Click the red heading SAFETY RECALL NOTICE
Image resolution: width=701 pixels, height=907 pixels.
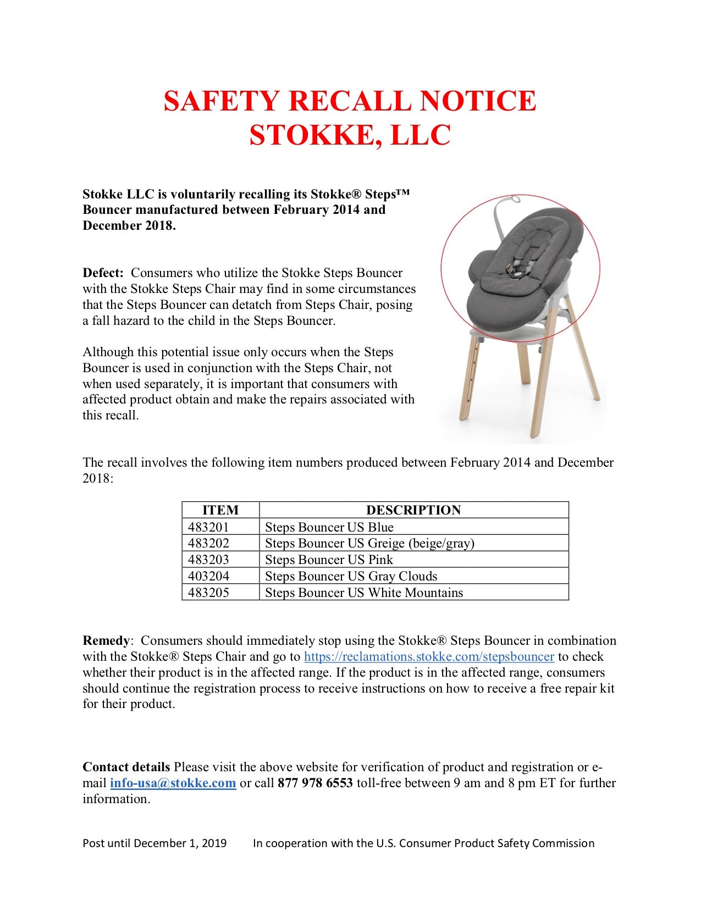pos(350,101)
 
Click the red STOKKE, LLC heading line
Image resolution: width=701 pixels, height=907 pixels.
pos(350,135)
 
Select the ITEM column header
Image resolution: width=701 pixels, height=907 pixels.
pos(220,510)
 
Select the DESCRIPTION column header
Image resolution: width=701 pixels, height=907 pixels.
pos(413,510)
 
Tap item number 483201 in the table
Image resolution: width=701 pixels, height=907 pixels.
pos(208,527)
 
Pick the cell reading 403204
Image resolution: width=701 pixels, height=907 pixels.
pos(208,576)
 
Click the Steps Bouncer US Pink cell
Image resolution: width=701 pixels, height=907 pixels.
pos(329,560)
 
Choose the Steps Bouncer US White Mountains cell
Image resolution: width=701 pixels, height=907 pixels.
pos(364,593)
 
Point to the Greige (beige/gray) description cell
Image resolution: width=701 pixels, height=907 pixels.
pos(369,543)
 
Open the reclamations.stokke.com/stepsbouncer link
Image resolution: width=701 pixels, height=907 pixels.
pos(429,657)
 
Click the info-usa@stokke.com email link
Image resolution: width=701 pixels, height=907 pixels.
pos(173,783)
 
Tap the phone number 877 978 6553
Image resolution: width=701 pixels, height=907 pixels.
pos(315,783)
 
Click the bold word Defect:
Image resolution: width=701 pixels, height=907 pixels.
pos(103,273)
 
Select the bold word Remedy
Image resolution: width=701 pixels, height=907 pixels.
pos(106,641)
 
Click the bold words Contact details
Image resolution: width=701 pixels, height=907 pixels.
pos(126,767)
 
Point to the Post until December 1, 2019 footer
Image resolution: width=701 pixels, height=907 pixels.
pos(154,843)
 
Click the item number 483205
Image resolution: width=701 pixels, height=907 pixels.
pos(208,593)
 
